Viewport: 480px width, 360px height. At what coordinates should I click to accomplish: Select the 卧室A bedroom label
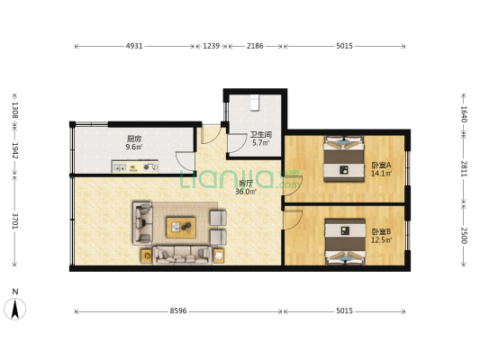(x=381, y=168)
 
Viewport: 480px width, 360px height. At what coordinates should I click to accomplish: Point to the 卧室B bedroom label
(x=381, y=235)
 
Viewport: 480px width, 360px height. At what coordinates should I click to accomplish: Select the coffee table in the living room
(x=181, y=225)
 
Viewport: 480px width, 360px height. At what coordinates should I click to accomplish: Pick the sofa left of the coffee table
(x=143, y=223)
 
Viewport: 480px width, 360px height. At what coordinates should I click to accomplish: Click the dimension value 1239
(x=212, y=45)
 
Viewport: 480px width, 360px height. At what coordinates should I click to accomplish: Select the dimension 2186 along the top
(x=255, y=45)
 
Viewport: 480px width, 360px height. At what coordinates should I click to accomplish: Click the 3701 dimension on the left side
(x=14, y=221)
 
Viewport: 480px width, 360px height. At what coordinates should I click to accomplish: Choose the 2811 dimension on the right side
(x=464, y=168)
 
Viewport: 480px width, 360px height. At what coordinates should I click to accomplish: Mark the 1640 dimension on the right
(x=464, y=113)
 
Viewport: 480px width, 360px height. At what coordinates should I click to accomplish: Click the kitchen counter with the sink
(x=135, y=166)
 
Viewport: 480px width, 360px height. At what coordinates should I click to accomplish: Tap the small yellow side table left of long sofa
(x=146, y=256)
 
